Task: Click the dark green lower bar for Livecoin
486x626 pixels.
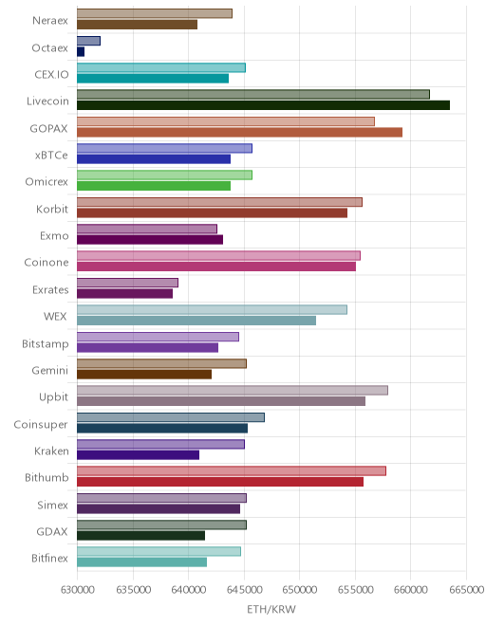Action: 263,105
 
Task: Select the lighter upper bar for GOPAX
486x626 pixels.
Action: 226,121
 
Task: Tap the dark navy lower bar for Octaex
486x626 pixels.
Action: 81,51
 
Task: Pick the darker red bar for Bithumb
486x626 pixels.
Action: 220,482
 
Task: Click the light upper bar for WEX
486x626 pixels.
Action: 213,309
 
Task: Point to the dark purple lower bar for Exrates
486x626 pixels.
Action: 124,293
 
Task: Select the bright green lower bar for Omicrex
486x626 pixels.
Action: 154,186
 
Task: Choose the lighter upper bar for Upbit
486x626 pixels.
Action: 233,390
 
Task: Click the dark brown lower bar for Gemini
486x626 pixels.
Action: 144,375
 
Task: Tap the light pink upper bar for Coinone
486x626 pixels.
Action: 218,255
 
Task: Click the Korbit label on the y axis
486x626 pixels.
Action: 52,209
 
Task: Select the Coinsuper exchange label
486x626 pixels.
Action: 41,424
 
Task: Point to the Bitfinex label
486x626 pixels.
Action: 50,558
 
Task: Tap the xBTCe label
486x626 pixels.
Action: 51,156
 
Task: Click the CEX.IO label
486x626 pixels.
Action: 51,75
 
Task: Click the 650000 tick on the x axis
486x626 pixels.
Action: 300,589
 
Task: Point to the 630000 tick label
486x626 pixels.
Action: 78,589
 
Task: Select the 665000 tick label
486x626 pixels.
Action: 466,589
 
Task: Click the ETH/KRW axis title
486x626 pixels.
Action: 271,609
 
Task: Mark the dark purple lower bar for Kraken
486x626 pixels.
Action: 139,455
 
